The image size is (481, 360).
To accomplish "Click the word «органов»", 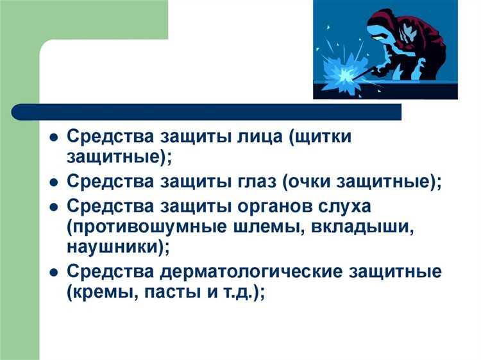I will point(283,209).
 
